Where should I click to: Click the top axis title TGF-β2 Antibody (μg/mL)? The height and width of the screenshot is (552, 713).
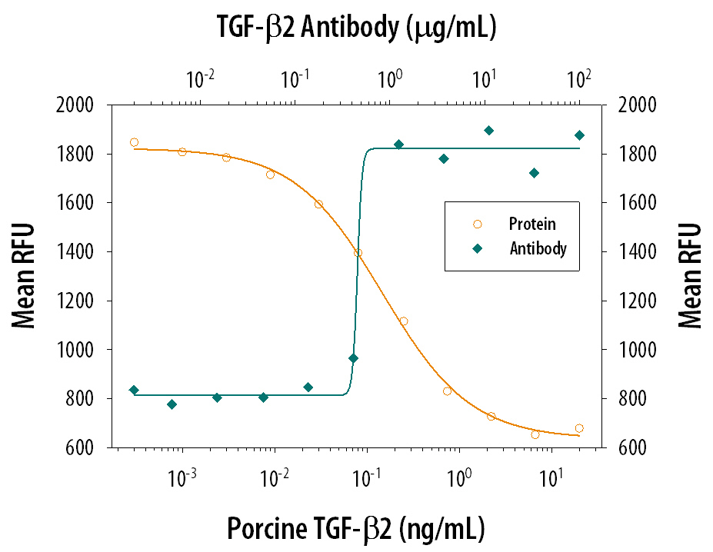tap(356, 28)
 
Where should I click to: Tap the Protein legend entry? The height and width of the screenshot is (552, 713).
tap(531, 224)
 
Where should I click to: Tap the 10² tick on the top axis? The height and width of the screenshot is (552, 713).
tap(578, 78)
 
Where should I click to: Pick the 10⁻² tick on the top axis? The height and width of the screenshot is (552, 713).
tap(201, 78)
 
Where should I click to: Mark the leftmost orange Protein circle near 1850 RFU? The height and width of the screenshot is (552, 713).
tap(135, 142)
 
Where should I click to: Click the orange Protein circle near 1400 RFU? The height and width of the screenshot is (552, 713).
tap(358, 253)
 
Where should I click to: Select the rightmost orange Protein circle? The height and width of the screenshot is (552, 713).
tap(579, 428)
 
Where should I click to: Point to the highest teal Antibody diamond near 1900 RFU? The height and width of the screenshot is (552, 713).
tap(488, 131)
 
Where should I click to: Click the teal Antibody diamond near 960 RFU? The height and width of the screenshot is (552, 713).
tap(353, 358)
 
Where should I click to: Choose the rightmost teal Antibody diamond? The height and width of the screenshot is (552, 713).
tap(579, 135)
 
